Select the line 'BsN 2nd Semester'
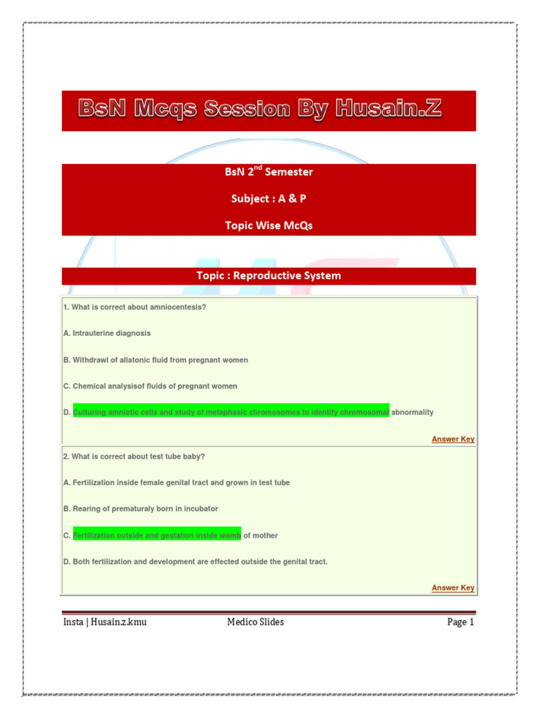(268, 172)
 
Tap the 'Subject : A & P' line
(268, 198)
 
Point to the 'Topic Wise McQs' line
(268, 225)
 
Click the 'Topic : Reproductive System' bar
(268, 276)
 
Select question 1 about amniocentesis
(134, 307)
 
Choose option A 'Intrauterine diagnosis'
(106, 333)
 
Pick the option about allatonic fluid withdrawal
(156, 360)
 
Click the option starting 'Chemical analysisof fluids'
(150, 386)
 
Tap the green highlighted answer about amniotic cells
(230, 412)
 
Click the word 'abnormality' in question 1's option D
(412, 412)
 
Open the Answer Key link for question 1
(453, 439)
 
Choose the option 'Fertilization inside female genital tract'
(176, 482)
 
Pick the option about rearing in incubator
(140, 509)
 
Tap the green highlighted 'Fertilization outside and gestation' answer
(157, 535)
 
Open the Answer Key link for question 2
(453, 588)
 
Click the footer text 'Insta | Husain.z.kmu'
(105, 622)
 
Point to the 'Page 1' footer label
(461, 622)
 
